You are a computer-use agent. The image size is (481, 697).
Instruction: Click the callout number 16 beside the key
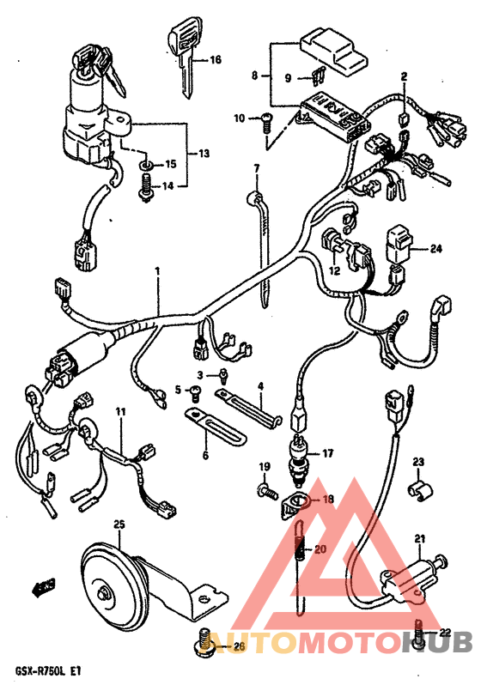click(x=216, y=59)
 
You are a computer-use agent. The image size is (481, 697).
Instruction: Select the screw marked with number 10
click(x=266, y=122)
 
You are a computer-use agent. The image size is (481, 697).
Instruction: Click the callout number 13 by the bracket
click(x=204, y=154)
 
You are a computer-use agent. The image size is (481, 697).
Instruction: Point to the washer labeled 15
click(x=146, y=166)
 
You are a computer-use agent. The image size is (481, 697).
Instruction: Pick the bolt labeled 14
click(x=145, y=188)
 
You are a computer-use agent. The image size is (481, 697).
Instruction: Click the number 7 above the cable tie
click(x=257, y=168)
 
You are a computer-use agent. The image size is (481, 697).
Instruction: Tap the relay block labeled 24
click(x=401, y=245)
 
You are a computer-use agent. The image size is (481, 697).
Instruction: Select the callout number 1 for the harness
click(x=157, y=271)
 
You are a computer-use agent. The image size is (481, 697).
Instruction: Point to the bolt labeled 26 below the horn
click(x=205, y=640)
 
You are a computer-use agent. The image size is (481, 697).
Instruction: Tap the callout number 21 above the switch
click(x=420, y=539)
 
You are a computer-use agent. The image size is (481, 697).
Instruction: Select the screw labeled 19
click(x=267, y=491)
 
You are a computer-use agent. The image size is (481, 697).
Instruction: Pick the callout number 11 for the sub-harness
click(x=120, y=412)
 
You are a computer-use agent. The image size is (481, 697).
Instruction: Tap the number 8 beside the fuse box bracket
click(x=254, y=76)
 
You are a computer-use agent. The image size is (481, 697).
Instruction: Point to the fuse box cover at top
click(x=333, y=52)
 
